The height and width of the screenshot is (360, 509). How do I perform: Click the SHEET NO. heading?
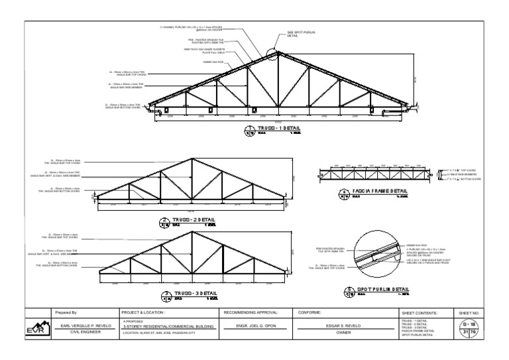469,312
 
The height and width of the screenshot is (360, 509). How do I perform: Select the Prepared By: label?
67,312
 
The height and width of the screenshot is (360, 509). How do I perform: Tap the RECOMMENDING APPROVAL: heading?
251,312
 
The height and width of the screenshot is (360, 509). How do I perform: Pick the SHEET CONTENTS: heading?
420,312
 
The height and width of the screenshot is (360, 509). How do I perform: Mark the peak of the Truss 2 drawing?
192,159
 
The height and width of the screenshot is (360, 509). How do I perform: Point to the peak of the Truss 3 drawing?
192,231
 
